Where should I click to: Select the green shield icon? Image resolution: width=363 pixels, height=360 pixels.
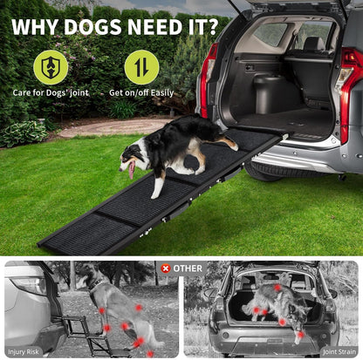[50, 67]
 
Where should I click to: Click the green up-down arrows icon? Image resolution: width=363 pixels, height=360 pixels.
[141, 67]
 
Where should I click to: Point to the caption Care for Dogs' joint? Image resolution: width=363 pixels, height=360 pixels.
[51, 92]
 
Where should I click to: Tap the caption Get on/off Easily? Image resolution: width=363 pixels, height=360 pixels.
[142, 92]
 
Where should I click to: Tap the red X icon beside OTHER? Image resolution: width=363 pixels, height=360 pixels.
[165, 268]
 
